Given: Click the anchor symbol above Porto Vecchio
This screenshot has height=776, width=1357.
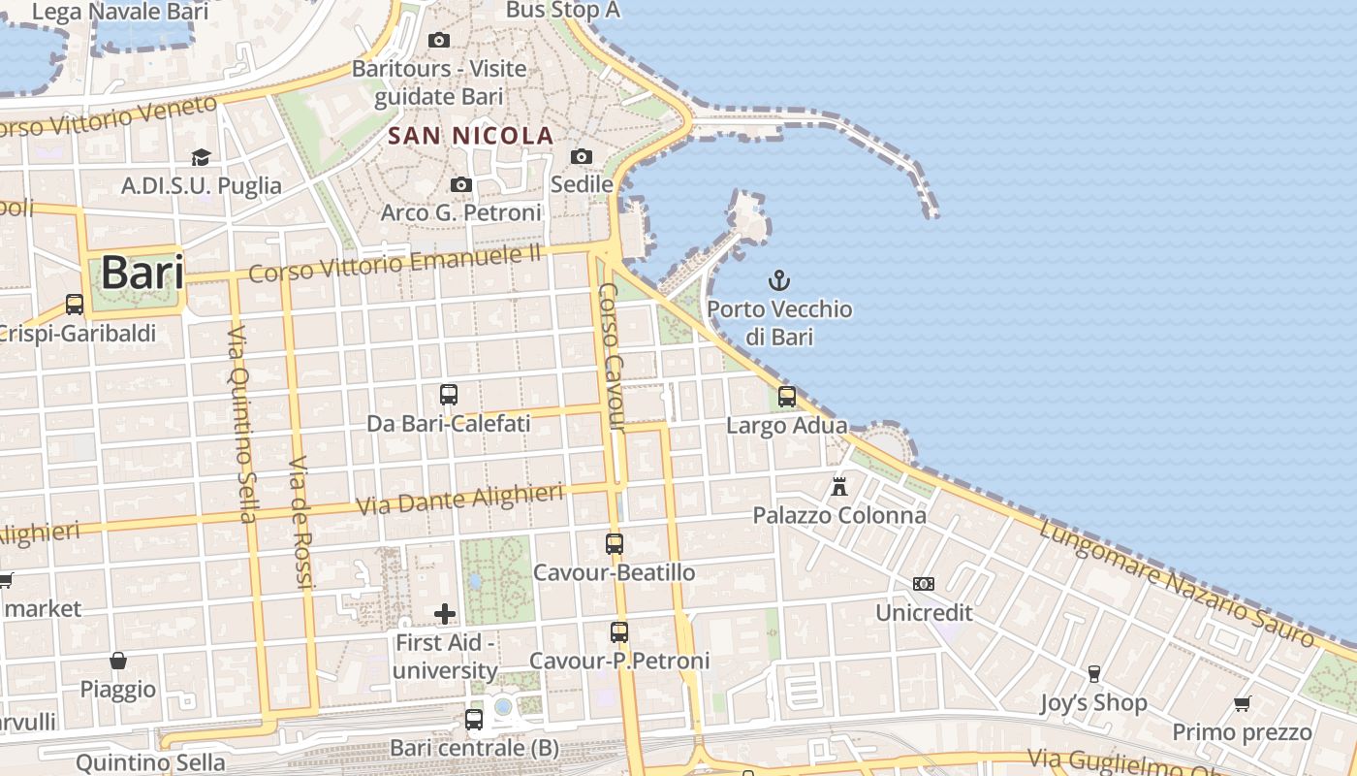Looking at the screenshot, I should click(x=779, y=281).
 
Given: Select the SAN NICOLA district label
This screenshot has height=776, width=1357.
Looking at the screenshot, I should click(x=471, y=136).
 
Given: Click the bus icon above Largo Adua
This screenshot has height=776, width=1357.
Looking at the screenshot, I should click(x=787, y=396).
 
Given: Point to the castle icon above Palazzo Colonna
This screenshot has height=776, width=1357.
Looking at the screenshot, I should click(x=839, y=486).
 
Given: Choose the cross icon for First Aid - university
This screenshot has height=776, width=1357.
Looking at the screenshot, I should click(x=445, y=613).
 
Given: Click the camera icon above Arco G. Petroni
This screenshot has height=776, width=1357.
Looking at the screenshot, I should click(x=461, y=184).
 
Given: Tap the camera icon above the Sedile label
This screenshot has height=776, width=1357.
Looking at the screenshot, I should click(x=582, y=156).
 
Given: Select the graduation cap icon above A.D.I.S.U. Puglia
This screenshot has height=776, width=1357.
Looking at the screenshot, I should click(x=201, y=157).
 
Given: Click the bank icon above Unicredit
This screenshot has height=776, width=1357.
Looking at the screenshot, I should click(x=924, y=584).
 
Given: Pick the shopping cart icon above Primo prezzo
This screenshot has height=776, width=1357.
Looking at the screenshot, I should click(x=1242, y=703).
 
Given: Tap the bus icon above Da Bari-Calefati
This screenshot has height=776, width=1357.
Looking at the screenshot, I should click(x=449, y=395).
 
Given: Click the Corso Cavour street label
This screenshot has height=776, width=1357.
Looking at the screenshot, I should click(x=612, y=357).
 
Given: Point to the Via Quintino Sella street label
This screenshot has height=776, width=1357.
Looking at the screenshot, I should click(x=241, y=424).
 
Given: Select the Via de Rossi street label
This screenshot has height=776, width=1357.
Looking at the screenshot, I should click(x=302, y=521).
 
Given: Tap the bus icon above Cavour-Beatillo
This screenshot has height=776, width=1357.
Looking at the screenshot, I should click(x=615, y=544).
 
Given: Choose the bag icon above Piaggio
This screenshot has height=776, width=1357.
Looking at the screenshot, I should click(x=118, y=661).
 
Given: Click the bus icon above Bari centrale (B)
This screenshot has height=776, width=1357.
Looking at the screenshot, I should click(x=474, y=720).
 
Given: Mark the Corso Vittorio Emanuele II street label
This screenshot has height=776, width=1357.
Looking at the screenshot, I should click(x=394, y=263).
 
